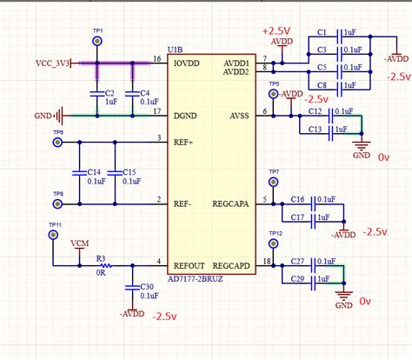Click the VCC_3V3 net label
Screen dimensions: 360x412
click(x=51, y=63)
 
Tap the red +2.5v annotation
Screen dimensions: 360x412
click(x=277, y=30)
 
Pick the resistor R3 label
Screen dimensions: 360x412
click(x=101, y=257)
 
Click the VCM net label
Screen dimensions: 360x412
click(x=79, y=244)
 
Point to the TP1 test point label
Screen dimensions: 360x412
click(x=97, y=30)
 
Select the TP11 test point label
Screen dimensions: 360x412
click(x=55, y=225)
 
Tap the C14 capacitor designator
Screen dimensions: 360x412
click(x=95, y=171)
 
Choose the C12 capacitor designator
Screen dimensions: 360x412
click(x=315, y=111)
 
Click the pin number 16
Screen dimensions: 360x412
click(x=157, y=59)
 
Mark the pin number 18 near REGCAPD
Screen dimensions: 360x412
click(x=266, y=262)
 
